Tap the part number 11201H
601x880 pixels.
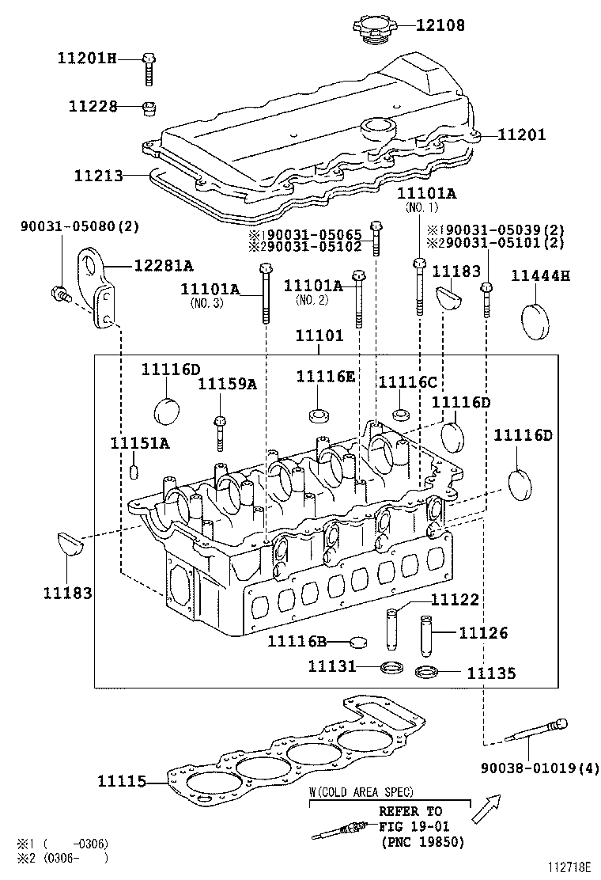click(x=86, y=58)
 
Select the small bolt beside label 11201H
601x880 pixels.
click(x=150, y=68)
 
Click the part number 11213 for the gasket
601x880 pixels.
click(x=99, y=176)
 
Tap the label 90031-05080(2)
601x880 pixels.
click(x=80, y=226)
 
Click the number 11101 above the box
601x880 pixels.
click(x=319, y=336)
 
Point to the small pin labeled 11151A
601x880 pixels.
click(x=134, y=472)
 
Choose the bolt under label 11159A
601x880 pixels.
click(x=219, y=431)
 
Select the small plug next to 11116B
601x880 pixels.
click(x=359, y=641)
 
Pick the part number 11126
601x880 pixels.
click(x=484, y=633)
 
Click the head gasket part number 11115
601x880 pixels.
click(x=122, y=782)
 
